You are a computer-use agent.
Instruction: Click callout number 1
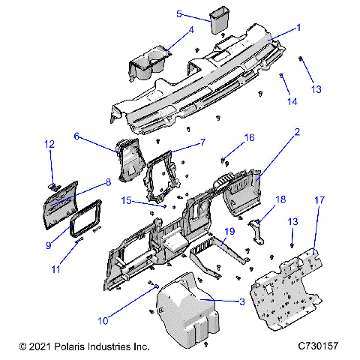coord(298,27)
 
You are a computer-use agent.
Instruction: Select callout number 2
coord(297,132)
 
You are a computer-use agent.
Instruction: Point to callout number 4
coord(190,30)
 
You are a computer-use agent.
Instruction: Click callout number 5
coord(179,13)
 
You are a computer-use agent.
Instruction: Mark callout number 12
coord(49,143)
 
